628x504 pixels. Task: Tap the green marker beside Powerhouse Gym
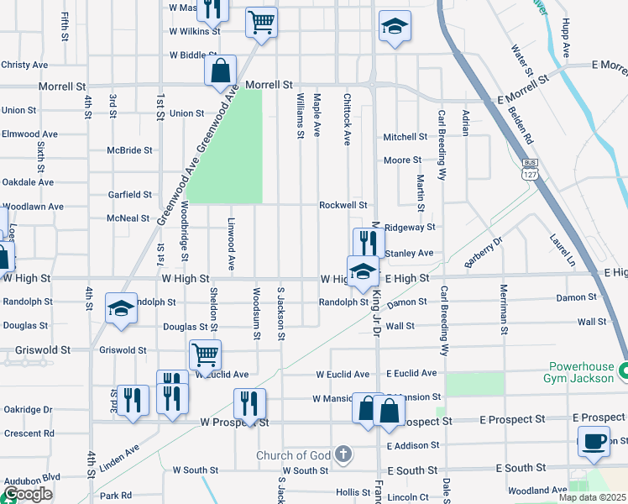point(623,370)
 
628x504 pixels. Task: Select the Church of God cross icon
point(342,455)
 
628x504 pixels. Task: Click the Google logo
point(28,494)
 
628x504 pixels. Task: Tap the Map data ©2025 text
point(592,497)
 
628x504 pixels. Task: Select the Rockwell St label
point(343,205)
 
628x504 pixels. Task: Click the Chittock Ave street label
point(347,119)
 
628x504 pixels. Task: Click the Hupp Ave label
point(565,41)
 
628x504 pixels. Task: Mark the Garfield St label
point(129,194)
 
